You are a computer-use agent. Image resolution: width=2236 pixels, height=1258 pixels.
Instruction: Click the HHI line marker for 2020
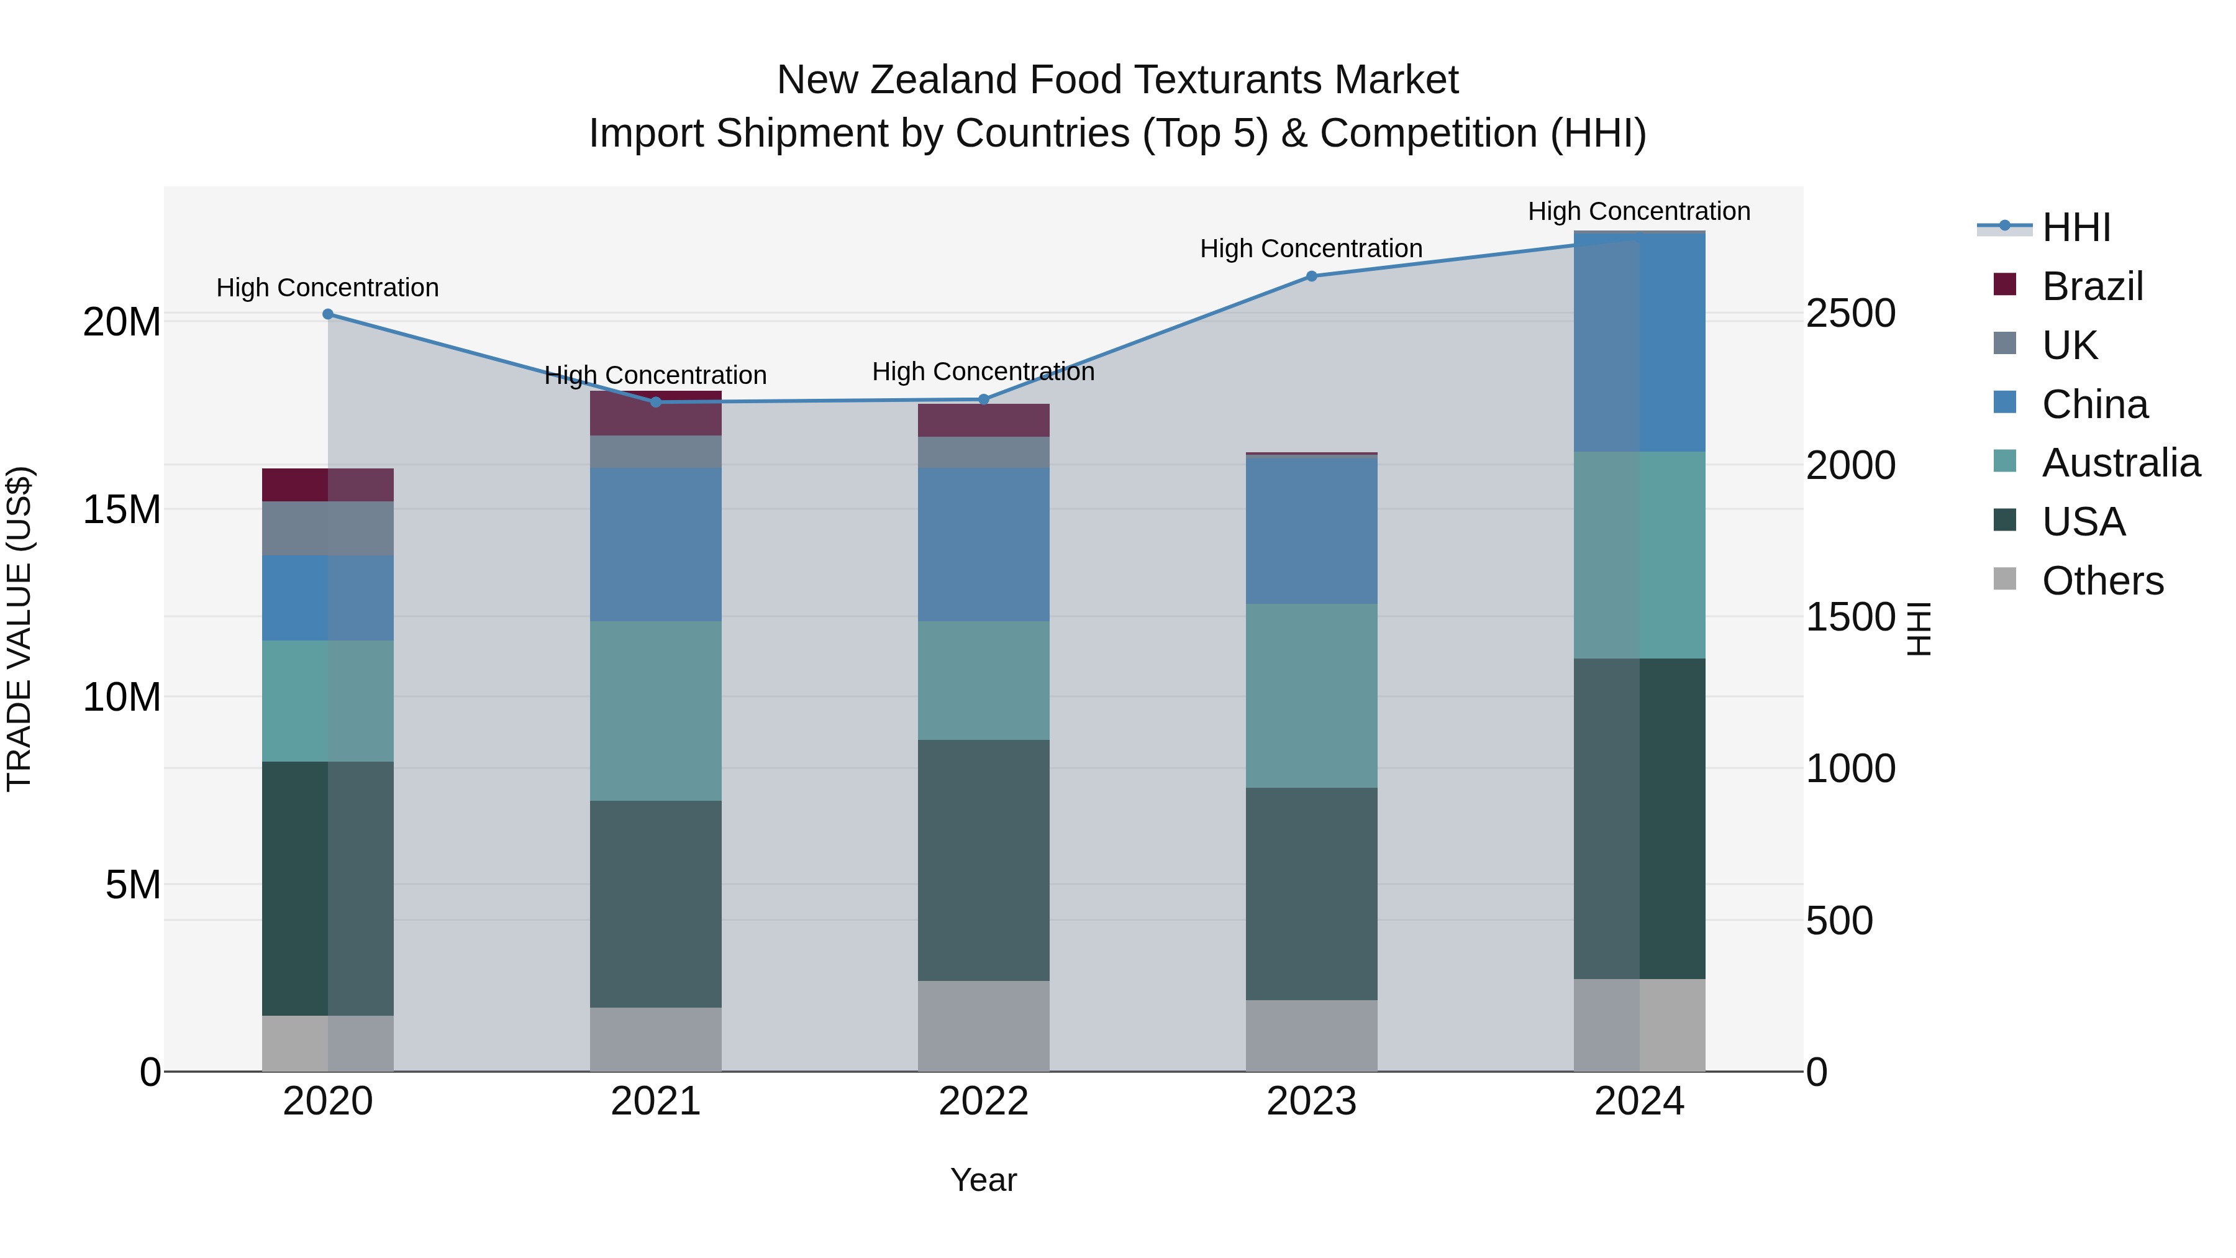point(327,314)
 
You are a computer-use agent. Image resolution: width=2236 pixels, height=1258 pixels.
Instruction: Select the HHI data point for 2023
point(1312,276)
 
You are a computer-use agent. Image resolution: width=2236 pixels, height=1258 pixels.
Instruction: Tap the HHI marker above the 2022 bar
point(983,399)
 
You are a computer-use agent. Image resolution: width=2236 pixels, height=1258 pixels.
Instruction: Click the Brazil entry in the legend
point(2092,286)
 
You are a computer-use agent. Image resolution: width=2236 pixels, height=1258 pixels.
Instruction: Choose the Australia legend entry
point(2120,463)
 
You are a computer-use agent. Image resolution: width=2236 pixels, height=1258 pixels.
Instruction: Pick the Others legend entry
point(2102,581)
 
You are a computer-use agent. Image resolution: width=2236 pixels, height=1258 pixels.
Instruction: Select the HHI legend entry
point(2075,227)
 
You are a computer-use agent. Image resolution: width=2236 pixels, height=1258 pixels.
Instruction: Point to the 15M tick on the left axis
point(122,509)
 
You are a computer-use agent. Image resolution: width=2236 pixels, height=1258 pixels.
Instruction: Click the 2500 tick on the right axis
point(1851,314)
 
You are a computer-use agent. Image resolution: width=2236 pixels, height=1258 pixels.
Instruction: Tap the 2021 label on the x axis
point(655,1101)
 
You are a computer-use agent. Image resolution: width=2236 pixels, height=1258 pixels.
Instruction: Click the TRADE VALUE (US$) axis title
point(20,629)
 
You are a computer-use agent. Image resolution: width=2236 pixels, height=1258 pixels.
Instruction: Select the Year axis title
point(983,1180)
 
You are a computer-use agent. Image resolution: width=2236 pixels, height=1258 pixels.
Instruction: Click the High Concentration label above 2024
point(1639,212)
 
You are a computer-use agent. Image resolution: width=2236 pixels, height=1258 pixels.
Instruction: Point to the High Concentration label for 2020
point(327,288)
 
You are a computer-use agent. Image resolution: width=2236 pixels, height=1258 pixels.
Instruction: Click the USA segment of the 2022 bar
point(983,860)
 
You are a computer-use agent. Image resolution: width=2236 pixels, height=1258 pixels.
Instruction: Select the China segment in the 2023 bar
point(1312,529)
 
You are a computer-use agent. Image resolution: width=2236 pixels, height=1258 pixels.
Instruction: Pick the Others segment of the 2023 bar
point(1312,1035)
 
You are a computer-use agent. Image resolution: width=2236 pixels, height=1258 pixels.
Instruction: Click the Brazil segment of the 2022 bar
point(983,420)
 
